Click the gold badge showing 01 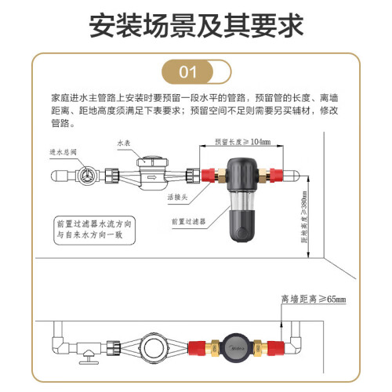tap(187, 71)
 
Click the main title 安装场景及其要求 tap(196, 26)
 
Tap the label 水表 tap(124, 143)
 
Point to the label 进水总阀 tap(63, 152)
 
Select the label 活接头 tap(177, 197)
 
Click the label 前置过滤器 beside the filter tap(188, 222)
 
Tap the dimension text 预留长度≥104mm tap(242, 142)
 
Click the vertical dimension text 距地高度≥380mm tap(305, 216)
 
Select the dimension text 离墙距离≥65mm tap(314, 299)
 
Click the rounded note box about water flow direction tap(95, 230)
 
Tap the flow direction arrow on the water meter tap(152, 178)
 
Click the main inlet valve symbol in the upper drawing tap(85, 175)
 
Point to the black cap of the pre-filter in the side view tap(241, 174)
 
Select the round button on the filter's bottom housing tap(241, 232)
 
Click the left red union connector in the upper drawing tap(208, 175)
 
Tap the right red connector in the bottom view tap(275, 349)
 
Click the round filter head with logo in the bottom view tap(236, 348)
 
